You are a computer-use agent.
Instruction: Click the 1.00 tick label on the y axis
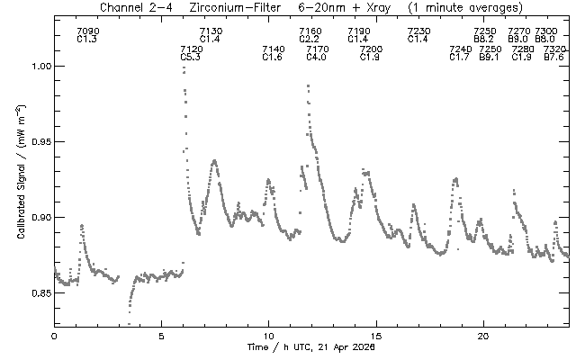[37, 67]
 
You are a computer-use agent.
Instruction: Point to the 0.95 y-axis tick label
[37, 142]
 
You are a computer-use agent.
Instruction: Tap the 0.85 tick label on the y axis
[37, 293]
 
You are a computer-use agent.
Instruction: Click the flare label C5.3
[192, 58]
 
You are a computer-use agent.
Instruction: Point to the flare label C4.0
[317, 58]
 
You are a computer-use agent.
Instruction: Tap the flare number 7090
[88, 31]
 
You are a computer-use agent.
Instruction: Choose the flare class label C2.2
[310, 40]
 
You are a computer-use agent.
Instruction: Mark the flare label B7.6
[554, 58]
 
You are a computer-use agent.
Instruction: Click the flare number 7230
[418, 31]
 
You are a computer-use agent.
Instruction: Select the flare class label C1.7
[460, 58]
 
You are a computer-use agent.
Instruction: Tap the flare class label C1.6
[272, 58]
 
